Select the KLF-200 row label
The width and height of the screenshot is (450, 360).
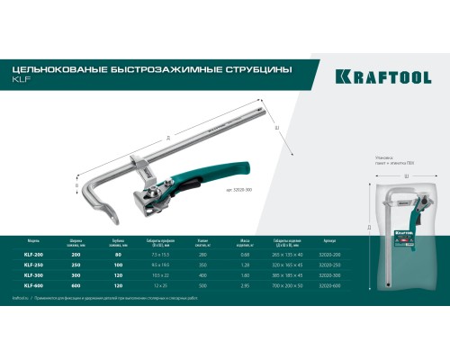coord(31,254)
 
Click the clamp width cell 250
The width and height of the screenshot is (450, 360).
coord(76,265)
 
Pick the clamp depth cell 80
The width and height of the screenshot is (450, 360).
coord(117,254)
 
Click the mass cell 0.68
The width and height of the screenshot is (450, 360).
coord(244,254)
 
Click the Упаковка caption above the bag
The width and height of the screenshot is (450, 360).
coord(385,157)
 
